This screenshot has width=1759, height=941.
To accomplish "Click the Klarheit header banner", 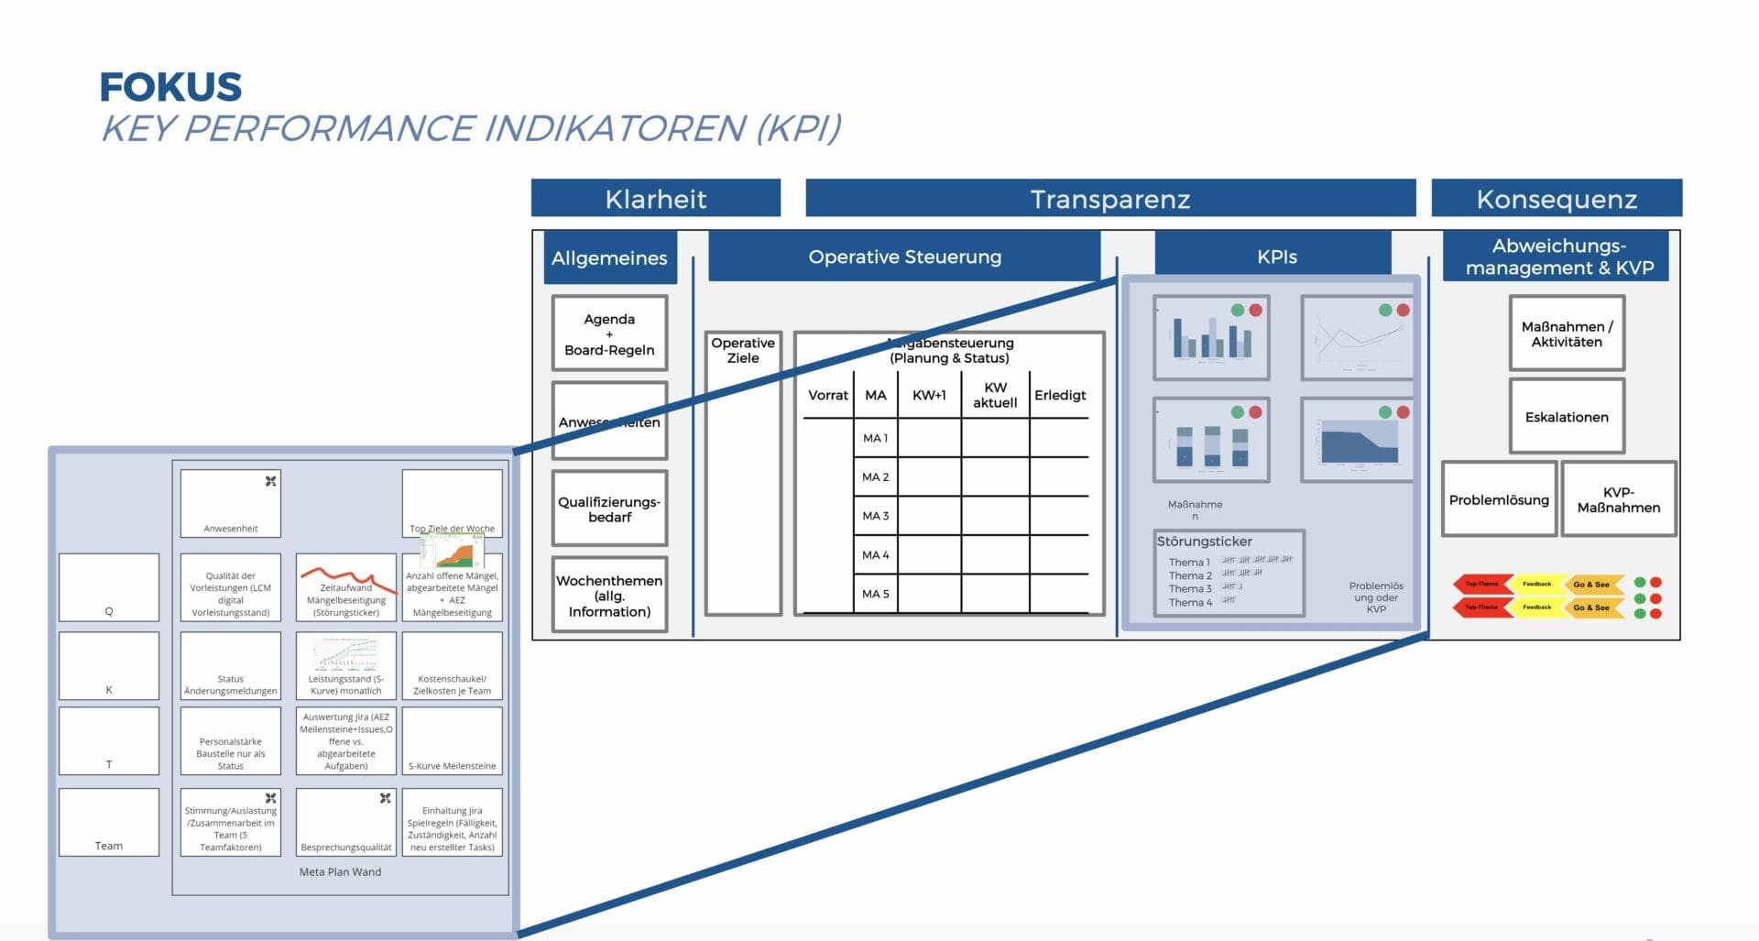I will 656,199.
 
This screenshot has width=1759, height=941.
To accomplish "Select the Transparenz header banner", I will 1109,199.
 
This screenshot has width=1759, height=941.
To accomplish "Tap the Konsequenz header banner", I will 1557,199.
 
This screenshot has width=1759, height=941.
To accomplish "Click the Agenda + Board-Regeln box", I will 609,334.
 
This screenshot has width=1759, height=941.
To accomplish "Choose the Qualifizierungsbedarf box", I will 609,509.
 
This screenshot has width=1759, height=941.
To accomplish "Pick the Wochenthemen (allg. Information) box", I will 609,596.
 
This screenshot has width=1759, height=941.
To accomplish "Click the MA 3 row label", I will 875,516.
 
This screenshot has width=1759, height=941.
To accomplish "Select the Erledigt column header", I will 1060,395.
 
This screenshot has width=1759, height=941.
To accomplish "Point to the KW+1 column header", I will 929,395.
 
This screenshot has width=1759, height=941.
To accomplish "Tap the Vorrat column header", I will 827,395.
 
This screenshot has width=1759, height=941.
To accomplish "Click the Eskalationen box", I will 1567,417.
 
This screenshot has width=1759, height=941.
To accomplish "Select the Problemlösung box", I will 1499,499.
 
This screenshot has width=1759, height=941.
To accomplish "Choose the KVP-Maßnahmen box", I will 1618,499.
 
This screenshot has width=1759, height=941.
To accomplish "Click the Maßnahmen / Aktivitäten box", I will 1567,334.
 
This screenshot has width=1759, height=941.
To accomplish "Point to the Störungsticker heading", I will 1204,542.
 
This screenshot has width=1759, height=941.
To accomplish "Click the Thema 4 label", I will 1190,603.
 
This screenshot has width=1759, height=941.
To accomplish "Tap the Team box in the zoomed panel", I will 109,823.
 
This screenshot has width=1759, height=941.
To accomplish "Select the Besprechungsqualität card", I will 346,823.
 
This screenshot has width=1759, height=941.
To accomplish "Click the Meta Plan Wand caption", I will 340,872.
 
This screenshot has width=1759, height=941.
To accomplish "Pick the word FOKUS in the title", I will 170,87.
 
